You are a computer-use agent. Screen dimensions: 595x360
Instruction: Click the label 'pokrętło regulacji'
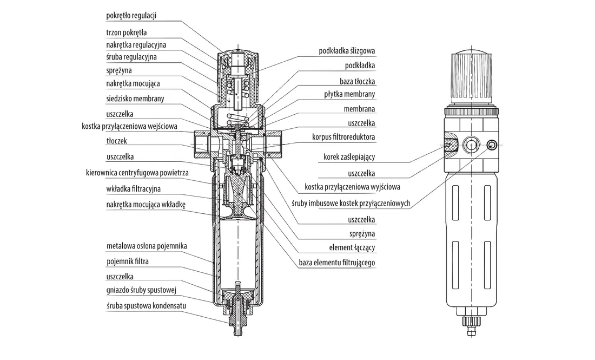tap(131, 16)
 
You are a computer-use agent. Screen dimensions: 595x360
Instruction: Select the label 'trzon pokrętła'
tap(127, 32)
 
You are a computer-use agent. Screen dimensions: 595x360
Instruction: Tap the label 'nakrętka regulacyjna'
tap(136, 45)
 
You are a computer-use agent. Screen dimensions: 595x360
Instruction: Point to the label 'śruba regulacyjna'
tap(131, 57)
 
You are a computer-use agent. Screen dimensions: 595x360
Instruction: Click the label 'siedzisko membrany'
tap(135, 99)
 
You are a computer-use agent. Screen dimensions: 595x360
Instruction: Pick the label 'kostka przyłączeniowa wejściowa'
tap(129, 126)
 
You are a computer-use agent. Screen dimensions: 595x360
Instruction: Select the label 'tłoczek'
tap(116, 141)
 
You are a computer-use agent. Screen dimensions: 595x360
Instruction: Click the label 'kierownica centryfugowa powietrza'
tap(137, 173)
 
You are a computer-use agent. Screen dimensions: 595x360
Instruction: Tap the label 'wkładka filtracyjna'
tap(133, 189)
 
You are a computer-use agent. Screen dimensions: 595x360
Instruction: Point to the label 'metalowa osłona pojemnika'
tap(147, 246)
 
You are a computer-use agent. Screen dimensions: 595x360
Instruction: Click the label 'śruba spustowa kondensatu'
tap(146, 306)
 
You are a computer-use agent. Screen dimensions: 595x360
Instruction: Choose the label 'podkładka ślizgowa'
tap(347, 51)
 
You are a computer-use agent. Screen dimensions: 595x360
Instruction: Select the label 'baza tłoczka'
tap(357, 81)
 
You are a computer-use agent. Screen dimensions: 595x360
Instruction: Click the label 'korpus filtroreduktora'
tap(344, 137)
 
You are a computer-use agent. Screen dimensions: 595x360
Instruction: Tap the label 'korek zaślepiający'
tap(349, 157)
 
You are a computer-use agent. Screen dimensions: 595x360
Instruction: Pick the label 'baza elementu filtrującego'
tap(337, 263)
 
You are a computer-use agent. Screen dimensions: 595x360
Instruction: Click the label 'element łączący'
tap(352, 247)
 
